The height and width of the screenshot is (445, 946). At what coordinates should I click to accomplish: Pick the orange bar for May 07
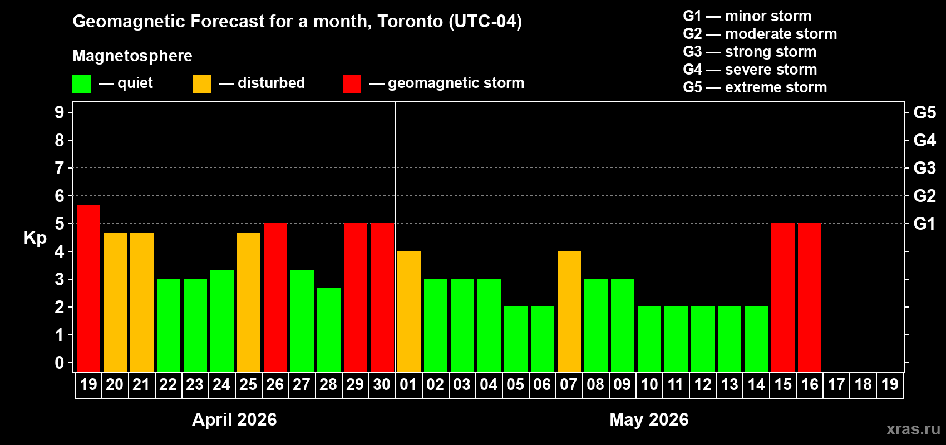point(569,311)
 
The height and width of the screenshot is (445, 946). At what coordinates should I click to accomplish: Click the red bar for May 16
point(810,298)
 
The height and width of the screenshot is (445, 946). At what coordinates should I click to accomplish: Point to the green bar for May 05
point(516,339)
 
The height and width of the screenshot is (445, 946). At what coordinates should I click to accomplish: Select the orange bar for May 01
point(409,311)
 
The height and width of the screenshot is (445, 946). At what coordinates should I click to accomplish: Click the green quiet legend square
point(82,84)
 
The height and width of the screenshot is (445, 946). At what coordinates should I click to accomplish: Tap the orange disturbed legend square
point(202,84)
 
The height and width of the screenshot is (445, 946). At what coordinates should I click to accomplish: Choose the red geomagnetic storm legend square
point(352,84)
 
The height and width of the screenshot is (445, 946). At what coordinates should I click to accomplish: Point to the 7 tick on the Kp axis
point(60,168)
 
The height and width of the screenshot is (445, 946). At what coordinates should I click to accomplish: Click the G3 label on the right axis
point(924,168)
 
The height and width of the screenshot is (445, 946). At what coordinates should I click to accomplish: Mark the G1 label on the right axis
point(924,224)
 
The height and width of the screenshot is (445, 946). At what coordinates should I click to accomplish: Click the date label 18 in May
point(863,384)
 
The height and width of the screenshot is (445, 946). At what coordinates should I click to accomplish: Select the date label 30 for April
point(382,384)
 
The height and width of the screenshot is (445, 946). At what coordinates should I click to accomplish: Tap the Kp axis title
point(35,238)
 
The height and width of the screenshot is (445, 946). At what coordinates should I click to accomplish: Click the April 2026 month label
point(234,419)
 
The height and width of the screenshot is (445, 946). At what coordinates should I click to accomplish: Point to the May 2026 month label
point(649,419)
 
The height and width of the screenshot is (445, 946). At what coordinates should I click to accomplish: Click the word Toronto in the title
point(410,22)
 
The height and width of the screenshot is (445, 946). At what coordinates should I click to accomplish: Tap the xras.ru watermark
point(913,429)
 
